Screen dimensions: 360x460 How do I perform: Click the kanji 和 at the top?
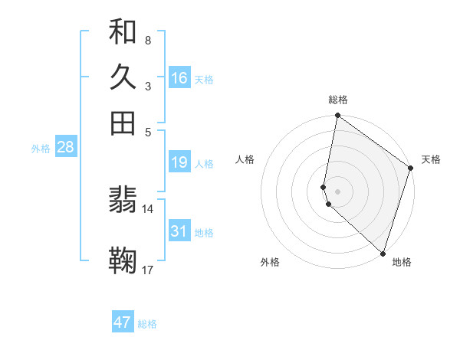point(123,32)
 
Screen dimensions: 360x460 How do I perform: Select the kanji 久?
point(123,77)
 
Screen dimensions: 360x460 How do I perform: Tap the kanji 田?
point(123,123)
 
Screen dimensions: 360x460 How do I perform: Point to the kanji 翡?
point(123,201)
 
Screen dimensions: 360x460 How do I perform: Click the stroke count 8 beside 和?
point(147,40)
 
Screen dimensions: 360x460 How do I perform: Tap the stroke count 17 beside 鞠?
point(148,270)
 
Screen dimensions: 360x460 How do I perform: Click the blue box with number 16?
point(179,77)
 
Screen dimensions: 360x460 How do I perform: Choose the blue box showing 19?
point(179,162)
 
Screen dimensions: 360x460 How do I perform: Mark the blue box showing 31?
point(179,231)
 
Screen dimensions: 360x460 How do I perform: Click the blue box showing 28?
point(65,147)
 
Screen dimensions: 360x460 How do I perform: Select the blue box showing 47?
point(123,322)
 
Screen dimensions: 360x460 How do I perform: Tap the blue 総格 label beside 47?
point(147,324)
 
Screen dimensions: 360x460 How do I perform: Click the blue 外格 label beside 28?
point(41,149)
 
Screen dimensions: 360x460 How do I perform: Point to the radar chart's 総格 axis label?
point(338,100)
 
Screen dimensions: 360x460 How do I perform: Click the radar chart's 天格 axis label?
point(431,159)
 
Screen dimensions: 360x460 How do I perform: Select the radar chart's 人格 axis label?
point(245,159)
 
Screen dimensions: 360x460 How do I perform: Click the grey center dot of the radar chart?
point(337,191)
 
